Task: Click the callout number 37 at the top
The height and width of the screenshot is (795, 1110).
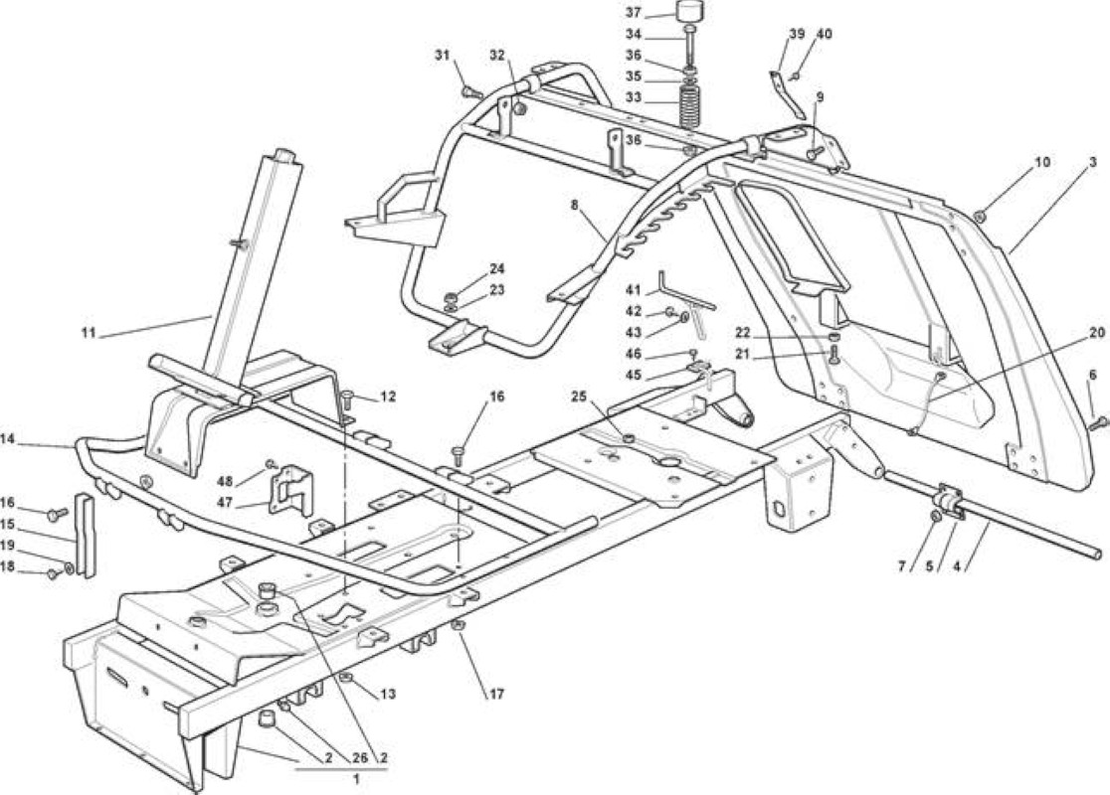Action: tap(634, 12)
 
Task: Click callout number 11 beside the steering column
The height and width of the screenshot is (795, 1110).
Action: tap(89, 333)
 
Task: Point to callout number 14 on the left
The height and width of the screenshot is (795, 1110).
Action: tap(8, 438)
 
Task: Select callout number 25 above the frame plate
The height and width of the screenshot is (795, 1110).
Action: tap(580, 397)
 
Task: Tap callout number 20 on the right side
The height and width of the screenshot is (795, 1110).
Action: tap(1096, 333)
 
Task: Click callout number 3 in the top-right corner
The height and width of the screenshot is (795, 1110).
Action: tap(1093, 162)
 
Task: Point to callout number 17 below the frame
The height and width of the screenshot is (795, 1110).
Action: tap(496, 694)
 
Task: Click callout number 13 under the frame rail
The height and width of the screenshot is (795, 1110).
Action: tap(387, 694)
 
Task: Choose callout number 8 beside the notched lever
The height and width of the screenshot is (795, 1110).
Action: tap(574, 206)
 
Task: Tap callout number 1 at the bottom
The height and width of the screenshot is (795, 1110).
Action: tap(356, 779)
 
